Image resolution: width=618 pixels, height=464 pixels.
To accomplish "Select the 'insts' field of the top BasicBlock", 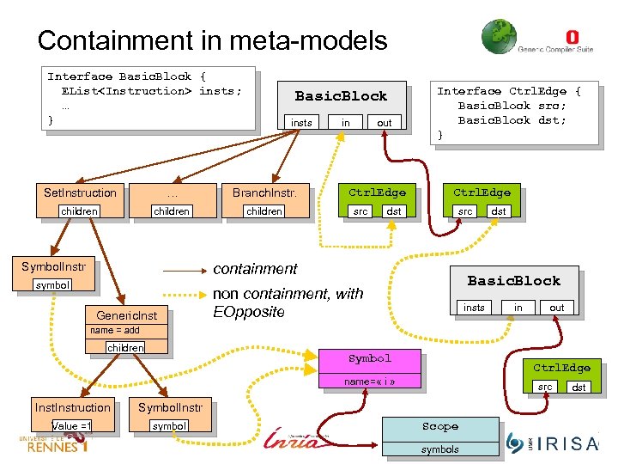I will [x=301, y=123].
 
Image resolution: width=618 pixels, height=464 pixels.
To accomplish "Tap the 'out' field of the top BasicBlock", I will [x=384, y=123].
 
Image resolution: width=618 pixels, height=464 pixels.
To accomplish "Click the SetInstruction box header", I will [x=80, y=192].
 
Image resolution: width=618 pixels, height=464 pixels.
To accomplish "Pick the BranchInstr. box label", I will [x=264, y=192].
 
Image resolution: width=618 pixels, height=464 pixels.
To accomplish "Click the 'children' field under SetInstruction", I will [x=79, y=211].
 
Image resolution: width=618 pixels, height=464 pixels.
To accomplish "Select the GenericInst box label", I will [x=127, y=316].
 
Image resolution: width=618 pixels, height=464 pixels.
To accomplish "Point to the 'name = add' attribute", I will [x=115, y=331].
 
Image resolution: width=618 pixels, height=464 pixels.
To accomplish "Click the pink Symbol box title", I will [x=369, y=358].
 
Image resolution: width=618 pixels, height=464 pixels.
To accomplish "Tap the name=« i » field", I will [x=369, y=381].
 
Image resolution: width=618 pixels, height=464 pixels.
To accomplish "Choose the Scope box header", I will [x=439, y=427].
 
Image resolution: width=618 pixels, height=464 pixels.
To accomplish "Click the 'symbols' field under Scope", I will [x=439, y=449].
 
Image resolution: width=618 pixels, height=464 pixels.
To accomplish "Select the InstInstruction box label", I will [x=73, y=407].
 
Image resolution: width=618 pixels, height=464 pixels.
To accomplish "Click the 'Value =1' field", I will [x=72, y=426].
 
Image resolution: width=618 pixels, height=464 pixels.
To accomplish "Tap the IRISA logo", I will [x=554, y=442].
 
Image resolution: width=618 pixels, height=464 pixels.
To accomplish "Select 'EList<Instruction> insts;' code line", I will [x=151, y=91].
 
